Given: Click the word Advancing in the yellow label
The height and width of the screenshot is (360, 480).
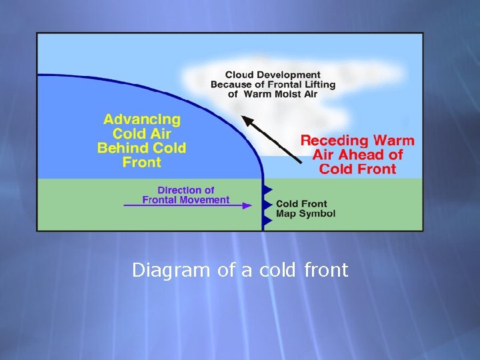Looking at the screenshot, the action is [141, 120].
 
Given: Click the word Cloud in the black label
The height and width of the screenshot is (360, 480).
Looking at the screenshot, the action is [239, 75].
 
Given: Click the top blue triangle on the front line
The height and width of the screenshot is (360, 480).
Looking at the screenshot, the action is [268, 189].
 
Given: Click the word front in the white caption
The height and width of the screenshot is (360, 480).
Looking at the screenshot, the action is [326, 271].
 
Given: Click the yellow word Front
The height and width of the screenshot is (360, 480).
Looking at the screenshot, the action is [142, 162].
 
